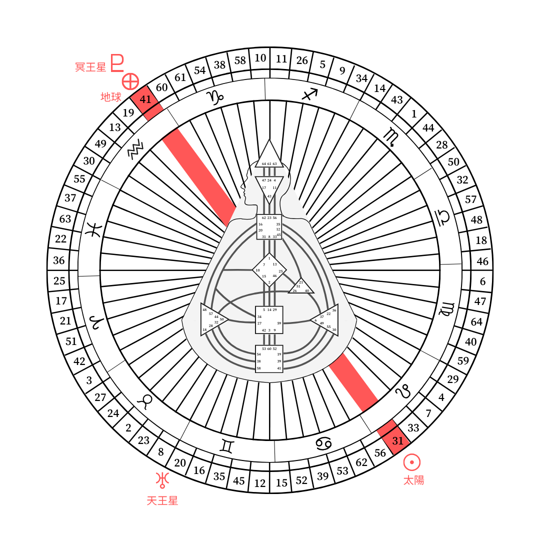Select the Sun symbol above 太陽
(x=412, y=462)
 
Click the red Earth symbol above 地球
(x=130, y=81)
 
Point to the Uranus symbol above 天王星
(x=162, y=479)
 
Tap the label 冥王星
(x=90, y=67)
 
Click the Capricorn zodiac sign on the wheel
(x=216, y=97)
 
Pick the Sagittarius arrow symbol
(x=309, y=94)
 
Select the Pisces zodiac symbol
(x=94, y=229)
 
